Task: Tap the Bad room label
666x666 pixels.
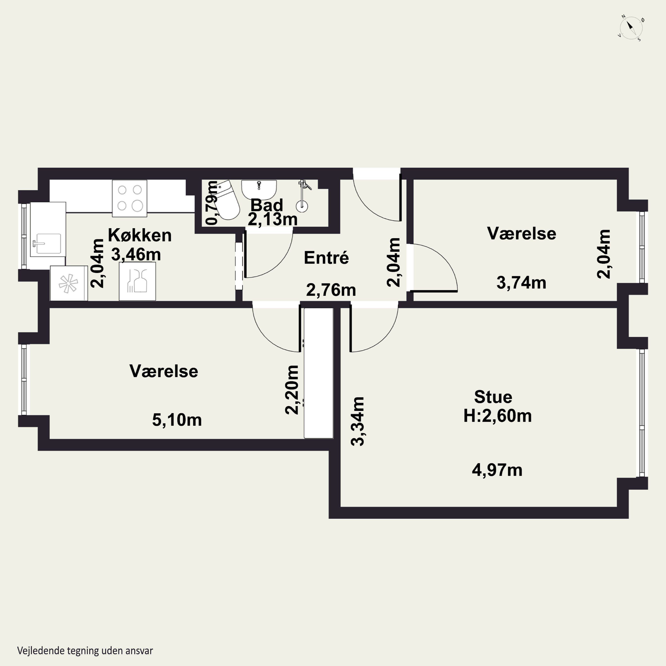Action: coord(266,205)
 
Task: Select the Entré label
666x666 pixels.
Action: coord(326,258)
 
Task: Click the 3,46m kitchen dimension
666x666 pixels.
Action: coord(136,255)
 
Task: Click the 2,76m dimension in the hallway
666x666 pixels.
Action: coord(331,290)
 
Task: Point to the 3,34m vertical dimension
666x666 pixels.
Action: coord(357,421)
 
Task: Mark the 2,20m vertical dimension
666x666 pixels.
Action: coord(292,390)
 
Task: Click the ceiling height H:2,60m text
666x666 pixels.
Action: coord(498,416)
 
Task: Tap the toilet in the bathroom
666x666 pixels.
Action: coord(227,200)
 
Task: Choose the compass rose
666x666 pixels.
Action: coord(631,28)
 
